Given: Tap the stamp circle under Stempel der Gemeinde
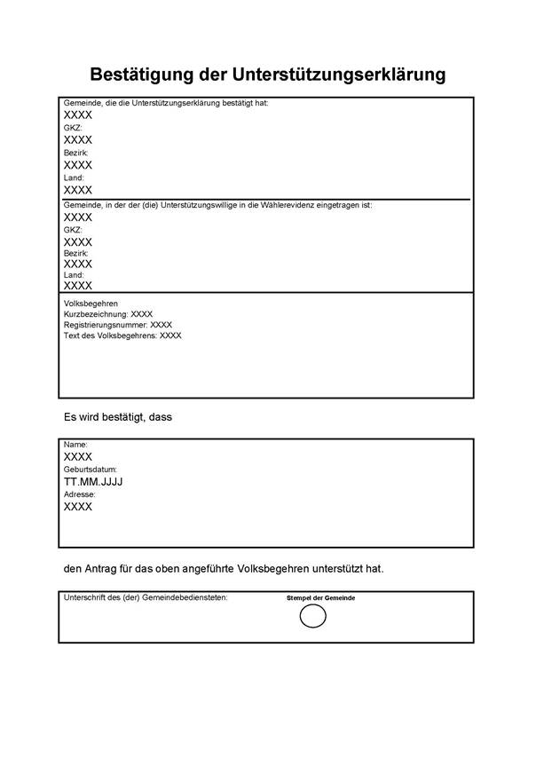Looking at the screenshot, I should [x=313, y=616].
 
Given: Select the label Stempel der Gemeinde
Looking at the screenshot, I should [x=320, y=598].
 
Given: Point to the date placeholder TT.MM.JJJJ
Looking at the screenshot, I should [x=92, y=482].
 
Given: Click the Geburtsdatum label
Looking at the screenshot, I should [x=91, y=469].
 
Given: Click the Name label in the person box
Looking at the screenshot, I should [x=75, y=444].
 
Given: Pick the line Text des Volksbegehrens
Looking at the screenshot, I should [x=122, y=336].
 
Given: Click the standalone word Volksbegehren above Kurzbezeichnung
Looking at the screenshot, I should [x=91, y=304].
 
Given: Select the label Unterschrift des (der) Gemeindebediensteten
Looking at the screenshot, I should [x=146, y=597].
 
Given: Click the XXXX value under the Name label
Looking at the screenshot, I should [x=78, y=456].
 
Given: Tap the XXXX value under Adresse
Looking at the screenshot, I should [x=78, y=507].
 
